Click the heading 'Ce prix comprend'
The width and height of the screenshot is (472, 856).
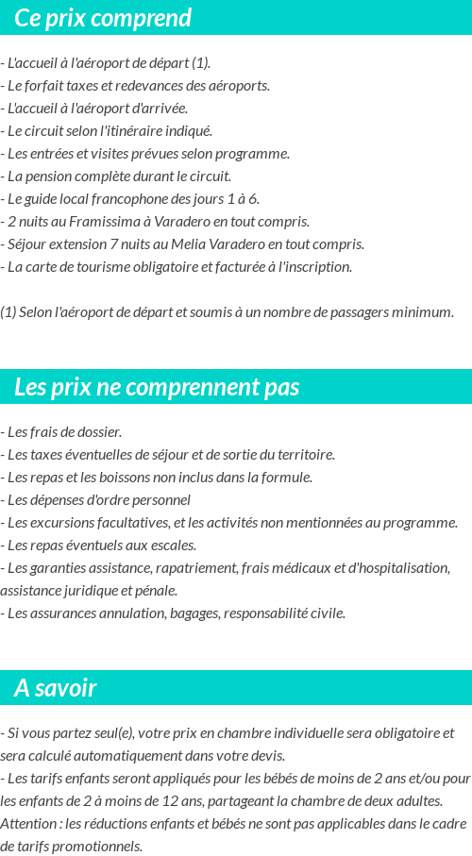pyautogui.click(x=103, y=18)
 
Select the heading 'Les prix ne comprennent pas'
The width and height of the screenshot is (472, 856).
pyautogui.click(x=157, y=387)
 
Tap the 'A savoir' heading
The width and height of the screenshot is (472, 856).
pyautogui.click(x=55, y=688)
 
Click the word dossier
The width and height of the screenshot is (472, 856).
pyautogui.click(x=100, y=432)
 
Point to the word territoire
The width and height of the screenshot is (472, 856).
pyautogui.click(x=304, y=455)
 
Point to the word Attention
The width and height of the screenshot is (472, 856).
pyautogui.click(x=27, y=824)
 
